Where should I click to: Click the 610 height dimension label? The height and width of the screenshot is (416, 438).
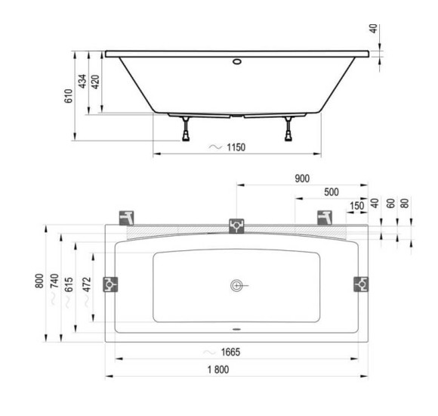click(x=69, y=96)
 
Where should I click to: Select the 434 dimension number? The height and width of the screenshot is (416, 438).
click(x=82, y=82)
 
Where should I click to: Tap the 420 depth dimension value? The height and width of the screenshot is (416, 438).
click(x=95, y=82)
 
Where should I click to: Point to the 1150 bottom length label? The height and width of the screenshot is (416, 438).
click(x=236, y=147)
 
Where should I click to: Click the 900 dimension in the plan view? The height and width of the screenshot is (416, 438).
click(x=302, y=179)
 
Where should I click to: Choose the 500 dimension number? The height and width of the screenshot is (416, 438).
click(x=332, y=192)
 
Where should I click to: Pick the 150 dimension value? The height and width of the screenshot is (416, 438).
click(x=357, y=206)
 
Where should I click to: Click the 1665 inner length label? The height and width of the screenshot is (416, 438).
click(x=231, y=352)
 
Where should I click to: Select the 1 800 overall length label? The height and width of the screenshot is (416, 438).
click(x=218, y=370)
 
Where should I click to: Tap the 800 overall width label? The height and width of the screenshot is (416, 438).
click(x=39, y=281)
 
